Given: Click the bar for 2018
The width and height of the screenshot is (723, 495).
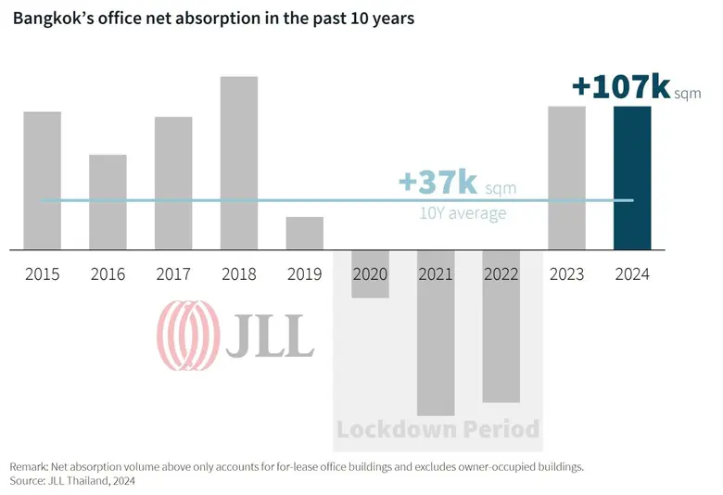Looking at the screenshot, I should click(x=238, y=162).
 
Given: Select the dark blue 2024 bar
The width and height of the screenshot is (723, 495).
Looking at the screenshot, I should click(x=632, y=177).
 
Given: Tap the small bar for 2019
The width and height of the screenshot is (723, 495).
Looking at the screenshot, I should click(x=304, y=233).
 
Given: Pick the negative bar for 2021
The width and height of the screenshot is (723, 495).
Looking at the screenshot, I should click(x=436, y=332).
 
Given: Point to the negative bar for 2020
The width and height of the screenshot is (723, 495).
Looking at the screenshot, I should click(x=370, y=273).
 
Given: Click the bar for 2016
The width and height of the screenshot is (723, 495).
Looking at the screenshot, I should click(x=108, y=201).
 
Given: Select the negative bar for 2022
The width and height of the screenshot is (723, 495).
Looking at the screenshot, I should click(x=501, y=325).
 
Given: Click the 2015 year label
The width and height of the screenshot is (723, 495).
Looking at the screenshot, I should click(x=43, y=274).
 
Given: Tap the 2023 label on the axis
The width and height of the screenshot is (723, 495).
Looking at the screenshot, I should click(x=566, y=274).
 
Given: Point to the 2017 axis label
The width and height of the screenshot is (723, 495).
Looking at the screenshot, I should click(x=173, y=274).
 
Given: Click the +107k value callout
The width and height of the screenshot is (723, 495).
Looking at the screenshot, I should click(x=621, y=87).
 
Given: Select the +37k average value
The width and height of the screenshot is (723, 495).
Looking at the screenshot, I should click(x=438, y=183).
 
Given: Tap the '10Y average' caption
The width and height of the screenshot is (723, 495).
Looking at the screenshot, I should click(x=463, y=213).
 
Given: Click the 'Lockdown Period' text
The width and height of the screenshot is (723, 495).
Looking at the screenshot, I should click(x=438, y=429).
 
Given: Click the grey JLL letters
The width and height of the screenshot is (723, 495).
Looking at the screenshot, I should click(x=270, y=336).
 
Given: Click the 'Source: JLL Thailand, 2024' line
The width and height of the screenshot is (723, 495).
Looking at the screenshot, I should click(x=73, y=481).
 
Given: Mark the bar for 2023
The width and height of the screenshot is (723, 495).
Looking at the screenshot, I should click(x=566, y=177).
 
